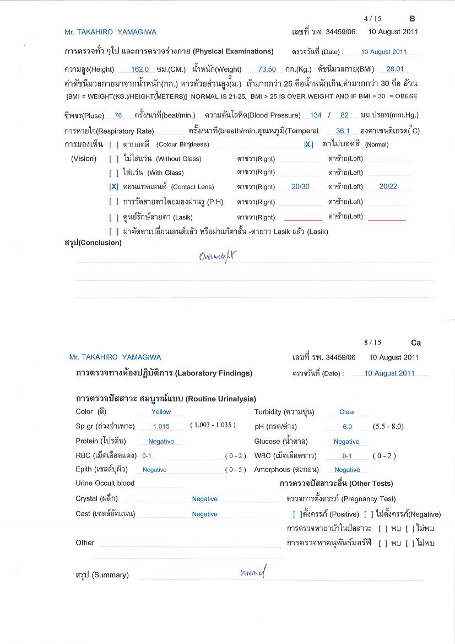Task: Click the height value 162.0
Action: (141, 69)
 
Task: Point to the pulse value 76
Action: (118, 116)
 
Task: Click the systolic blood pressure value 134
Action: (316, 116)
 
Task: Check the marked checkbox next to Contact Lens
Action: (114, 187)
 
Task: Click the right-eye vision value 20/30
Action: (300, 187)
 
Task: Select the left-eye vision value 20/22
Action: (388, 187)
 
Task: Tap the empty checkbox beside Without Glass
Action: (114, 159)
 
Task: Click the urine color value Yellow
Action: (161, 412)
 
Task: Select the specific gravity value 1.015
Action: (161, 427)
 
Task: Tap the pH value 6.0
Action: (347, 427)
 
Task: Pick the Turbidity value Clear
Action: (347, 412)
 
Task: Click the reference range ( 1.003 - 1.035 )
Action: (213, 426)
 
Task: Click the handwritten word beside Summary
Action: (253, 573)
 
